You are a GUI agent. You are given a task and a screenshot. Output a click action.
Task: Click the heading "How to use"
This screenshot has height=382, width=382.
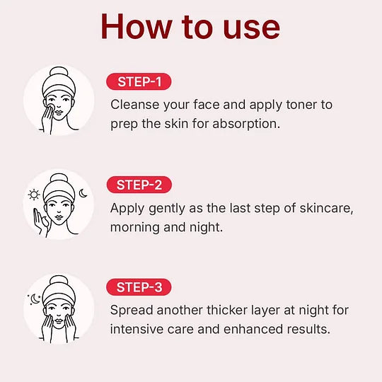(x=190, y=26)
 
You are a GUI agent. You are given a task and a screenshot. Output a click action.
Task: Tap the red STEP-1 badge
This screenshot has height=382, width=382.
(x=139, y=81)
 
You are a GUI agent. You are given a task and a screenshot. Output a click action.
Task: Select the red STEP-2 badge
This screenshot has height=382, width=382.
(x=139, y=185)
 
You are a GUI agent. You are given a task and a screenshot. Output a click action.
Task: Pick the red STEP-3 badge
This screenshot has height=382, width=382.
(x=139, y=287)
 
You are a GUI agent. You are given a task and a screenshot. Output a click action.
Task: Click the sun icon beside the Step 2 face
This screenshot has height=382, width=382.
(x=33, y=195)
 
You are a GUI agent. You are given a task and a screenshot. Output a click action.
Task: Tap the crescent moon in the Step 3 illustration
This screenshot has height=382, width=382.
(x=35, y=298)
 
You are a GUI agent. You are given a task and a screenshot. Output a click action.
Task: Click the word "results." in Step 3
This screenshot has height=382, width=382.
(x=304, y=329)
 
